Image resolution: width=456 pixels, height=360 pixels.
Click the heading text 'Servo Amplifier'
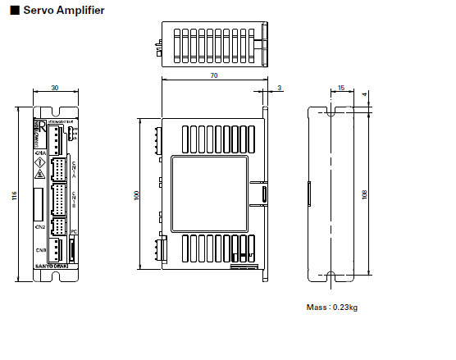point(62,11)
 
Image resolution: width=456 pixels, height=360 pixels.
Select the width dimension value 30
point(55,89)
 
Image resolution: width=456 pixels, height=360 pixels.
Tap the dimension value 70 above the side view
point(214,75)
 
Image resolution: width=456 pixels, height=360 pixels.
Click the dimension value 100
point(136,194)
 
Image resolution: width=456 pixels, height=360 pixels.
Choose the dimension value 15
point(340,89)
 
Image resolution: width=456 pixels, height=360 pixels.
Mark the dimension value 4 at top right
point(364,93)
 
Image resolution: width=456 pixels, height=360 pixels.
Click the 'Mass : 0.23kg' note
point(331,308)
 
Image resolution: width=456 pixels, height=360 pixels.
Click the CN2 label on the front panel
point(40,226)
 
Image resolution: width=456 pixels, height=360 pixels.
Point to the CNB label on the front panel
point(40,249)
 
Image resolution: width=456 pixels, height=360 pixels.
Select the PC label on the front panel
point(72,233)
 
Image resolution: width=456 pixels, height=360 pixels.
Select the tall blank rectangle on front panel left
point(39,203)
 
